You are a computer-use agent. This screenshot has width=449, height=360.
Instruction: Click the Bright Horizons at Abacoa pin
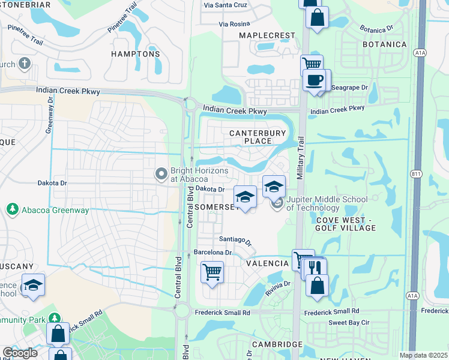[161, 174]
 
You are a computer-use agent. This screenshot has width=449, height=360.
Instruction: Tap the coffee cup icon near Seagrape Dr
[314, 80]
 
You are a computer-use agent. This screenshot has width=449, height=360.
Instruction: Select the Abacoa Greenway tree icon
[11, 209]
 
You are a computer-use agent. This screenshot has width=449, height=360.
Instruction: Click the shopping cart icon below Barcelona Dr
[212, 272]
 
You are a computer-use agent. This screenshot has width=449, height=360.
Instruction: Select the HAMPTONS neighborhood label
[136, 54]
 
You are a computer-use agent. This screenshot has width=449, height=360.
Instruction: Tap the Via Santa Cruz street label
[226, 5]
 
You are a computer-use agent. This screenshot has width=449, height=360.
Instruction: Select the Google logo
[20, 352]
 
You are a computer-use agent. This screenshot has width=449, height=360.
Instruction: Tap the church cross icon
[25, 63]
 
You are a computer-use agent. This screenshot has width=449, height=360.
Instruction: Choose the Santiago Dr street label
[235, 239]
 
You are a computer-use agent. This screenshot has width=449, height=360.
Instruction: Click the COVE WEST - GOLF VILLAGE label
[345, 224]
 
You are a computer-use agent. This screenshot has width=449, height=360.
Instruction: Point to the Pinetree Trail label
[122, 21]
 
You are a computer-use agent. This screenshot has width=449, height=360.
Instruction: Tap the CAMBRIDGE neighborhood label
[277, 344]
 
